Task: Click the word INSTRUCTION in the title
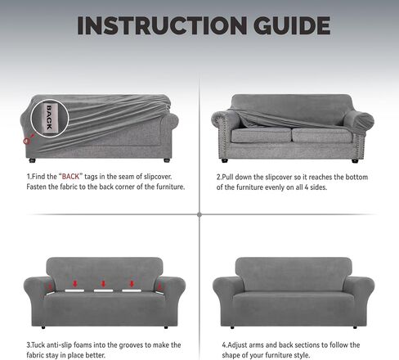pos(162,25)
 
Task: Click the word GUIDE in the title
pos(292,25)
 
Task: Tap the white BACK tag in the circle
pos(49,118)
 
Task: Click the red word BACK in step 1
pos(70,177)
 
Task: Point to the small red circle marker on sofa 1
pos(26,141)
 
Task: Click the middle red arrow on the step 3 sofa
pos(103,284)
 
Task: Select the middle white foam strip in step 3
pos(103,290)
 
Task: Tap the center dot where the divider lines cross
pos(199,214)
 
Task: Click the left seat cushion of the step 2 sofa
pos(261,135)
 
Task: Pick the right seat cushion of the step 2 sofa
pos(322,135)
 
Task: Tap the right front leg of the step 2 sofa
pos(355,161)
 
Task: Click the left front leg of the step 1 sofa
pos(33,160)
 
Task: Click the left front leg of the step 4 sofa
pos(232,327)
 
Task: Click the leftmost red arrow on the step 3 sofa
pos(50,286)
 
